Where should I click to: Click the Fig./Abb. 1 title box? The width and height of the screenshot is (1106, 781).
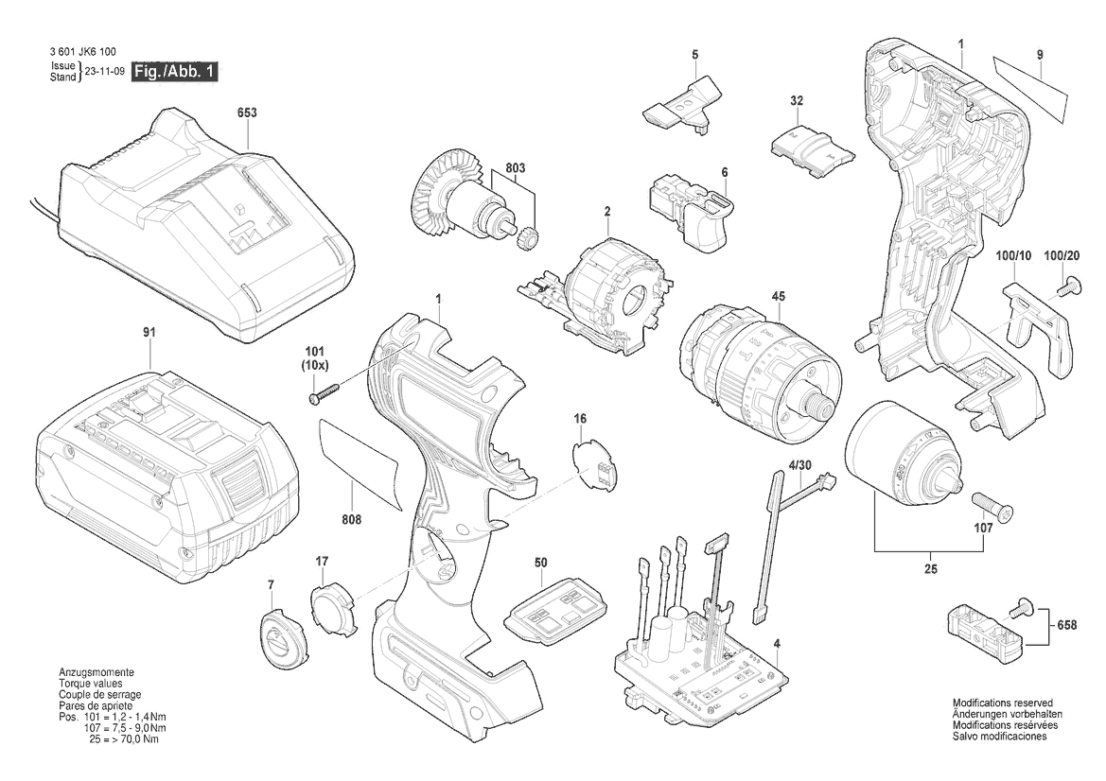coord(175,72)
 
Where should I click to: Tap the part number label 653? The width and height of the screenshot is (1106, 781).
coord(247,113)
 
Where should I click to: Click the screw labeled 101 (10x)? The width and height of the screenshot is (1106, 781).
coord(325,392)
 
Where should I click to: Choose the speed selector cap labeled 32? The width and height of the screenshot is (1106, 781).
coord(812,148)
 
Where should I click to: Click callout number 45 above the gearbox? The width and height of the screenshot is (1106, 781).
coord(778,298)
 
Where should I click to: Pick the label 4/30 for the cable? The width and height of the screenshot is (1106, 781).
coord(799,464)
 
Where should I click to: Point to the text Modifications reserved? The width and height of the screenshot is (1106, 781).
coord(1002,703)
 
